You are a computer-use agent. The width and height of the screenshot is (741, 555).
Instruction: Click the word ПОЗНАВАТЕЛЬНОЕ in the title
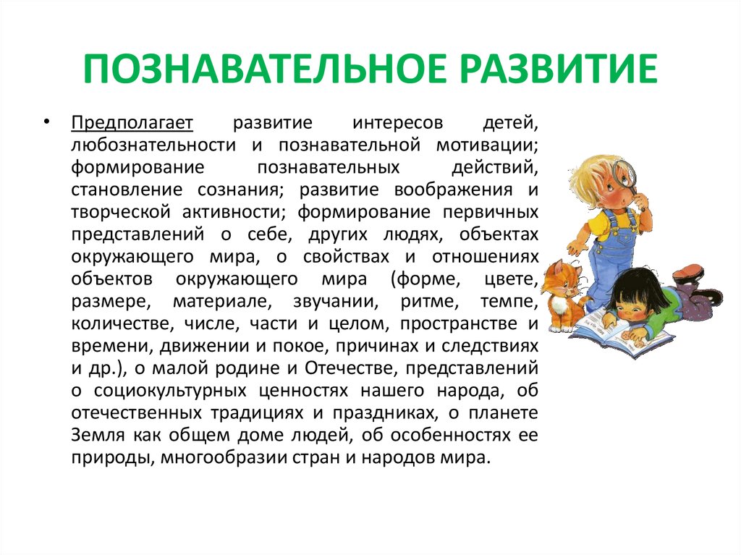(x=265, y=69)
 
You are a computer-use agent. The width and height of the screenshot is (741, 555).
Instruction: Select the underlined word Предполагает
(x=132, y=124)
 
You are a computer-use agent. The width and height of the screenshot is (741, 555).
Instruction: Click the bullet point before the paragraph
(x=46, y=122)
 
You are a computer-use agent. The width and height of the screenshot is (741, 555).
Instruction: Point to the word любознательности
(x=153, y=145)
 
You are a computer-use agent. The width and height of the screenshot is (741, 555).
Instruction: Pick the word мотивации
(x=487, y=145)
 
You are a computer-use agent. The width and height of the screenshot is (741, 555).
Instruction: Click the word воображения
(x=453, y=190)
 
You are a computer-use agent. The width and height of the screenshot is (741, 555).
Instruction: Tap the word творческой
(x=121, y=212)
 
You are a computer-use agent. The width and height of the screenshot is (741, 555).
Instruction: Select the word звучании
(x=336, y=302)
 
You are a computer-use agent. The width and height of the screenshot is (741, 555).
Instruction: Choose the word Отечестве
(x=352, y=368)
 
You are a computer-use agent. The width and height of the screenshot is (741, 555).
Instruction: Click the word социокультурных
(x=170, y=391)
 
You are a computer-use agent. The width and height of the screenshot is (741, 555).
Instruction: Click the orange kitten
(x=562, y=294)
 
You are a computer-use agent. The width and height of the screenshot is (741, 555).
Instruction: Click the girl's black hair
(x=632, y=289)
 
